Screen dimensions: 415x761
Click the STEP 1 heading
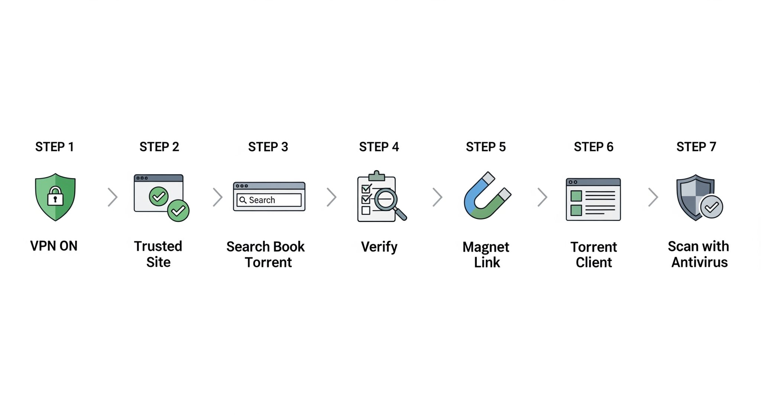(x=54, y=147)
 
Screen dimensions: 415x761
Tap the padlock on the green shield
(x=55, y=196)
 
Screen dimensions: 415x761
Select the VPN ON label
(x=54, y=246)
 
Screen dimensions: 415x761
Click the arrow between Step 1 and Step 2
(x=113, y=197)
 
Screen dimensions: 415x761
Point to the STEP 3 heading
(x=268, y=147)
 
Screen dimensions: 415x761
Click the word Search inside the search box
(x=262, y=200)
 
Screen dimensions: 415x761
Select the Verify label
(x=379, y=247)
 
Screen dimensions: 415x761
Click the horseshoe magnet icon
(x=485, y=197)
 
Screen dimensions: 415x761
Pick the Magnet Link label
(x=486, y=254)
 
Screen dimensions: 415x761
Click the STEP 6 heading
(x=593, y=147)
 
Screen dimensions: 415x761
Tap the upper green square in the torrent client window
(x=576, y=196)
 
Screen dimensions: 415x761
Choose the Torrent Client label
(x=594, y=254)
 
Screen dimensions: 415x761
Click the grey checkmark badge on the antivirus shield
(x=711, y=207)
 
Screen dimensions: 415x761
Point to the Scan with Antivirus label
(x=699, y=254)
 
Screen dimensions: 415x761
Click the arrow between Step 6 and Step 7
(x=653, y=197)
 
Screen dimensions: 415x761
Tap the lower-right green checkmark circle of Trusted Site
(x=178, y=211)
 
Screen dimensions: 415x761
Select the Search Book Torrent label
(x=266, y=254)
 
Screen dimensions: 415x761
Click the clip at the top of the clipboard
(x=377, y=176)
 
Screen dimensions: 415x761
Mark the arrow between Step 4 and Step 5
(x=438, y=197)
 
